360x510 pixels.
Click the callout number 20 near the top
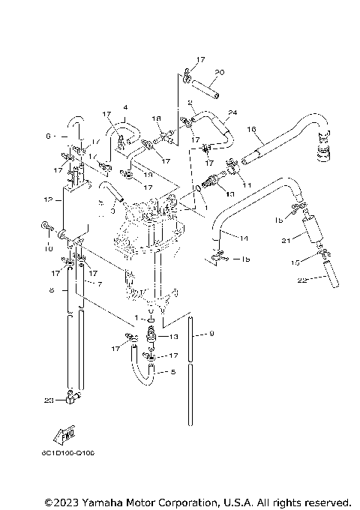pyautogui.click(x=219, y=72)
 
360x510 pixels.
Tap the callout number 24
pyautogui.click(x=233, y=112)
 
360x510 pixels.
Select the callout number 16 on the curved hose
pyautogui.click(x=252, y=129)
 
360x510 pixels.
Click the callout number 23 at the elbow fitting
pyautogui.click(x=49, y=400)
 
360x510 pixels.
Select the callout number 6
pyautogui.click(x=47, y=136)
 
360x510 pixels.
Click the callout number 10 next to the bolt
pyautogui.click(x=47, y=247)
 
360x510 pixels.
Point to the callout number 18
pyautogui.click(x=157, y=119)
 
